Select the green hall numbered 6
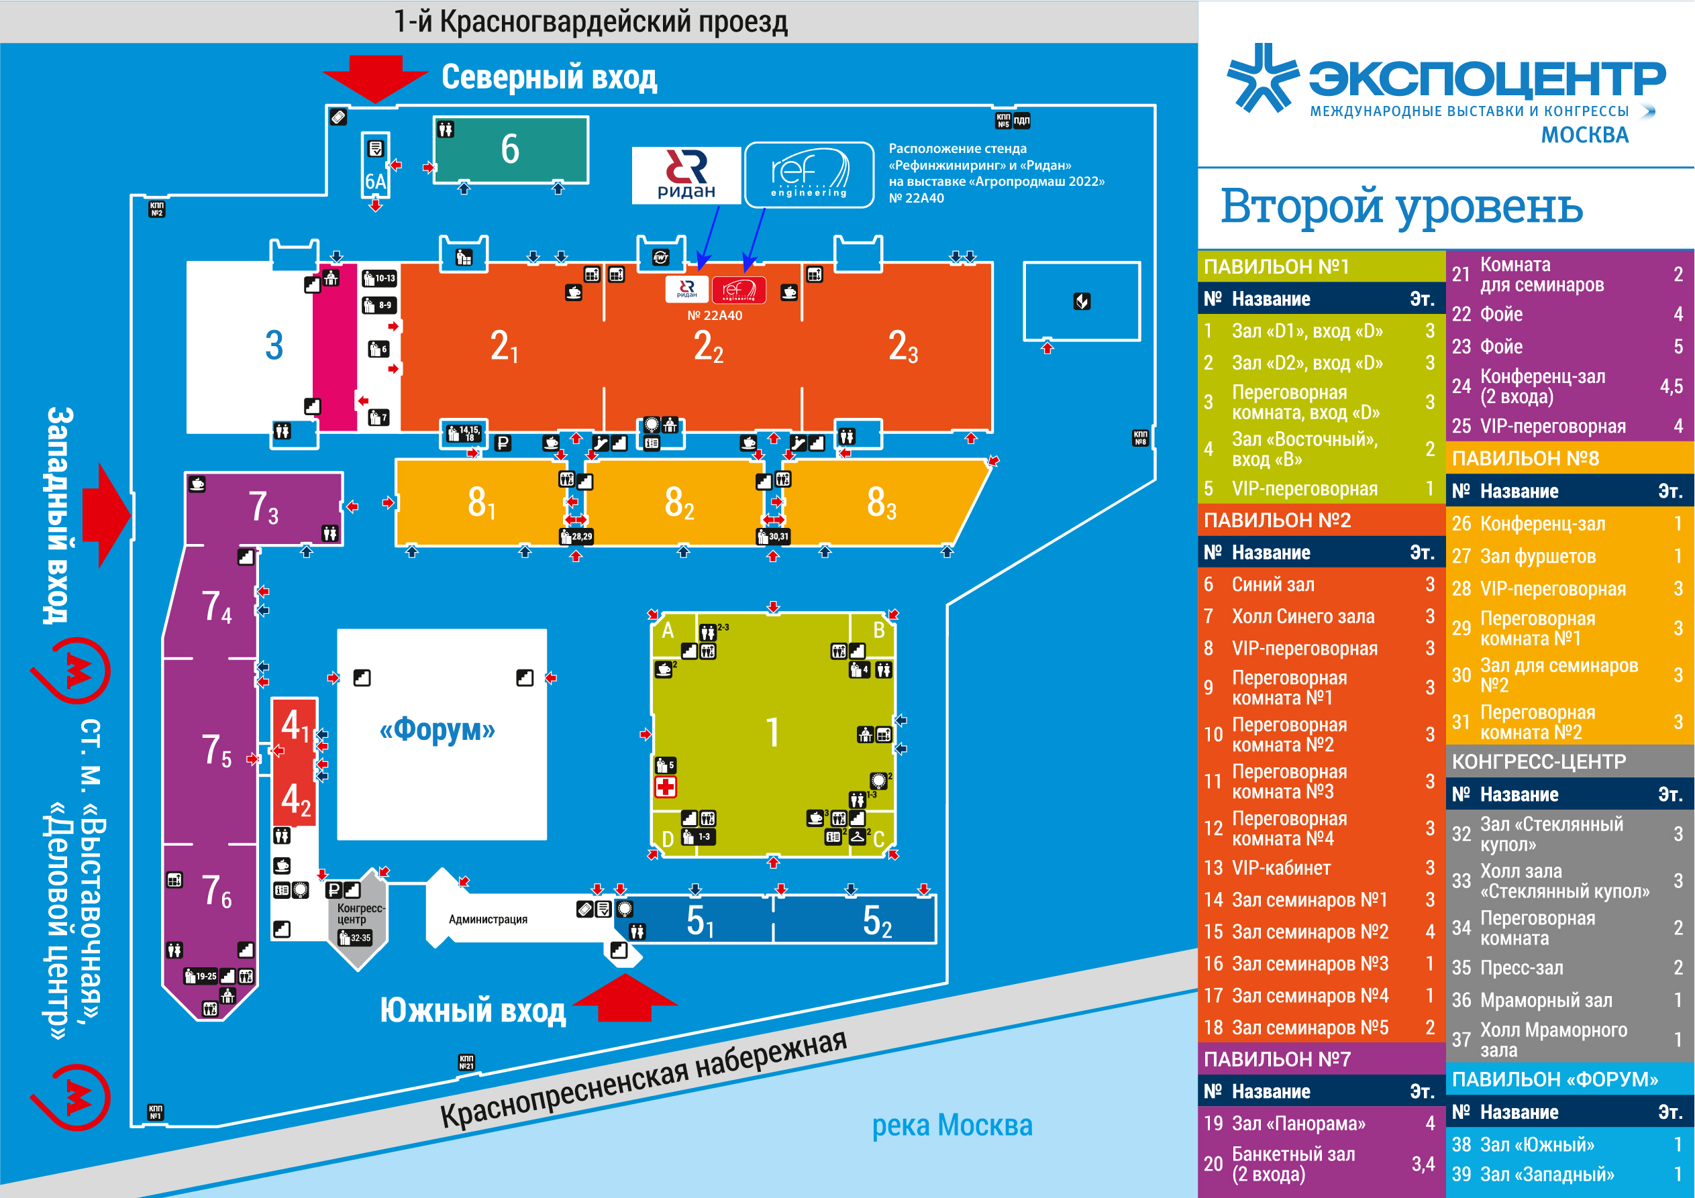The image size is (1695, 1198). (510, 149)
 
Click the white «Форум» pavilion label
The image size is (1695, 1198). (437, 730)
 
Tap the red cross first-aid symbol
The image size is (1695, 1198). (665, 787)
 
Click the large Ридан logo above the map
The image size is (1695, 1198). (686, 175)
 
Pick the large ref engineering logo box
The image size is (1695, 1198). (809, 175)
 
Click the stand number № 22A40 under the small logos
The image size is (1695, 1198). (715, 315)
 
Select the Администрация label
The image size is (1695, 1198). (488, 919)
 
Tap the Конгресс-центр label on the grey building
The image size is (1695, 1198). (360, 914)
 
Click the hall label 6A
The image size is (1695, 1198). (375, 182)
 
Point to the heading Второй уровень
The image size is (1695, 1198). (1402, 206)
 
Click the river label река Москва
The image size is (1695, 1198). (952, 1125)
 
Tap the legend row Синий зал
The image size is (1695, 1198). (1273, 585)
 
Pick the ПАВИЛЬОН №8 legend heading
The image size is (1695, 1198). (1525, 458)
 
